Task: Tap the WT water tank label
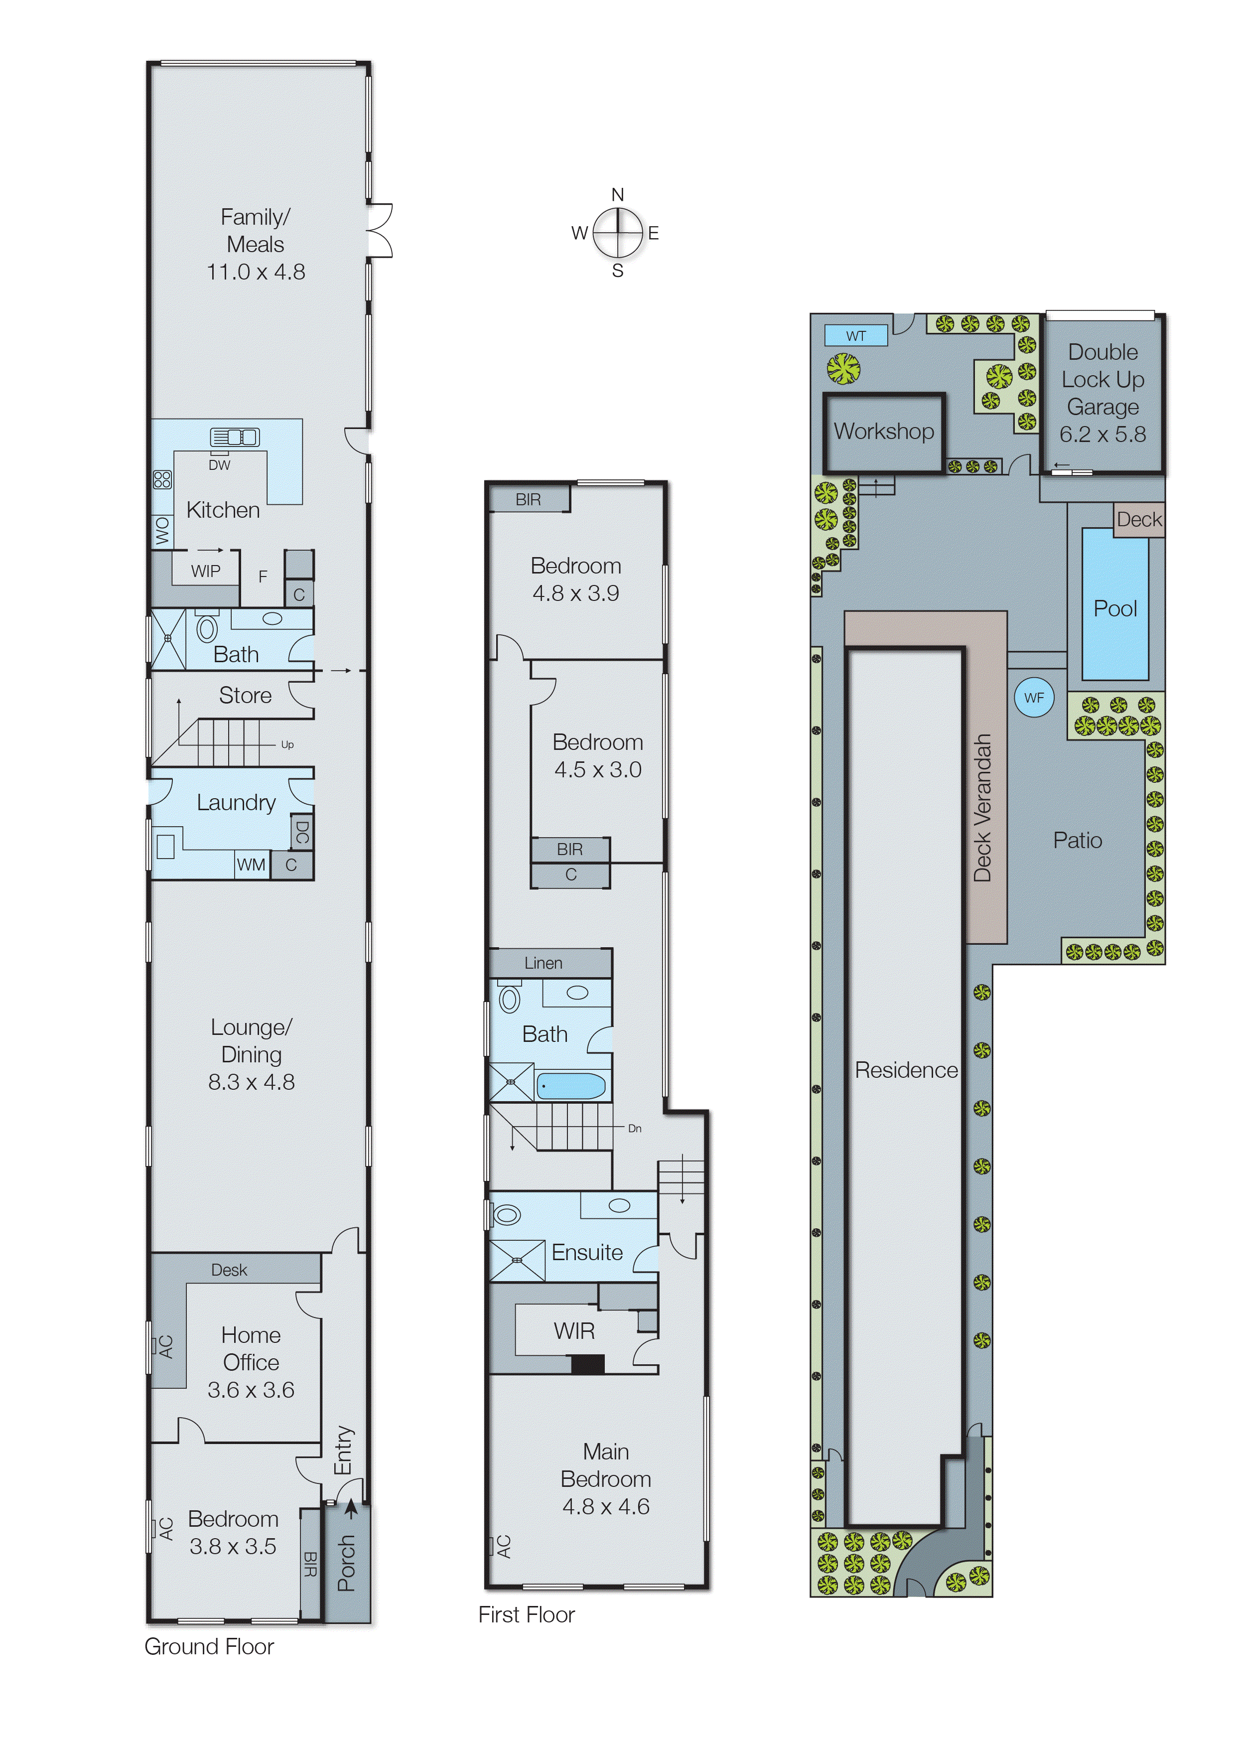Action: point(855,335)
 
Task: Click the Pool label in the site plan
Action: point(1115,608)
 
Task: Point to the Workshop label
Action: point(884,431)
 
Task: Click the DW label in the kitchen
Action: point(219,465)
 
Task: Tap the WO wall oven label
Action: point(162,530)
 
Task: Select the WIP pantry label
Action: point(205,571)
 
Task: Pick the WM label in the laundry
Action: point(251,864)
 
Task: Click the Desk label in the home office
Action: point(229,1270)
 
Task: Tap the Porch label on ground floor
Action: point(347,1563)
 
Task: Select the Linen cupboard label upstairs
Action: point(543,963)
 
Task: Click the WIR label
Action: point(574,1330)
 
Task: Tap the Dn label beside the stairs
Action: point(634,1129)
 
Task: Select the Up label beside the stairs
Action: point(286,744)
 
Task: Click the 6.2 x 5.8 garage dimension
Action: point(1102,435)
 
